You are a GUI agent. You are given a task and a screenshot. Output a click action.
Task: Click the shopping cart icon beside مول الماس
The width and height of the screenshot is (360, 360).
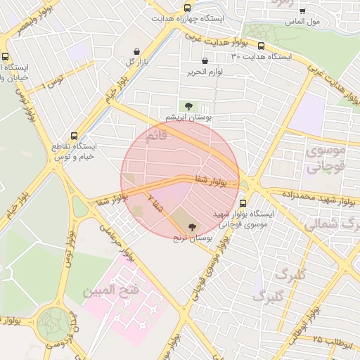tap(302, 11)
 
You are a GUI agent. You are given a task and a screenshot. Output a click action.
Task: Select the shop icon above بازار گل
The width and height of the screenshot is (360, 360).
tap(136, 51)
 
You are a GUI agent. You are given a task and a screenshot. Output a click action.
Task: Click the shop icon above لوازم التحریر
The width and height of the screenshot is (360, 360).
tap(205, 61)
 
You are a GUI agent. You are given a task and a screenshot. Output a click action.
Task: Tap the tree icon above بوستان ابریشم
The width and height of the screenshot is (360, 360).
tap(188, 105)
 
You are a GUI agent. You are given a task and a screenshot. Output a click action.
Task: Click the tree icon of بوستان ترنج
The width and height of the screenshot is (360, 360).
tap(193, 226)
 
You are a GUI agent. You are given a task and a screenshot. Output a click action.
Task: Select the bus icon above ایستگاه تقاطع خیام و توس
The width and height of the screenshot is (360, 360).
tap(74, 136)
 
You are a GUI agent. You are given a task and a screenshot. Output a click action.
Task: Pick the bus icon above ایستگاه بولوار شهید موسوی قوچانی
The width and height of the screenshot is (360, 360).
tap(243, 204)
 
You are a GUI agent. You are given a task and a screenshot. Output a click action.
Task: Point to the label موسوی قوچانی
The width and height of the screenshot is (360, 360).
tap(326, 158)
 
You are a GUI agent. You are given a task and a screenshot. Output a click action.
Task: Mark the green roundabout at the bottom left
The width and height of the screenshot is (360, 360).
tap(53, 323)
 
